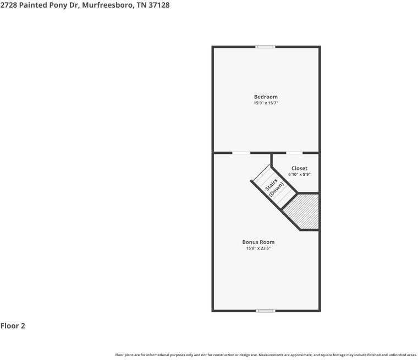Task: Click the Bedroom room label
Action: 266,97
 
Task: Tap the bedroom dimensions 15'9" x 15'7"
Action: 266,103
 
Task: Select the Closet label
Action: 299,168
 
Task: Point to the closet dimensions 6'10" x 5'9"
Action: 299,174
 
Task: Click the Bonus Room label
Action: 258,242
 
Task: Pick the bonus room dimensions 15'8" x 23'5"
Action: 258,248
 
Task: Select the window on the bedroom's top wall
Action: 266,47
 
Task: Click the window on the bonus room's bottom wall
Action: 266,311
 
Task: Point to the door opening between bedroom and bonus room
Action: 241,153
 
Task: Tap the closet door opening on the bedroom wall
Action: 294,153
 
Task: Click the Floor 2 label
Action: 13,326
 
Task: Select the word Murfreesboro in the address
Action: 104,5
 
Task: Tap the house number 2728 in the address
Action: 9,5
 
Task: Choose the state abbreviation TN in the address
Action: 141,5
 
